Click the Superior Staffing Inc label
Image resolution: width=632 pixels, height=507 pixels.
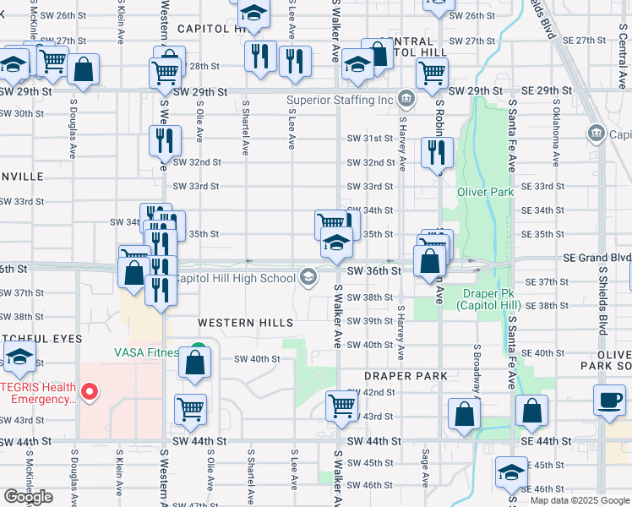pyautogui.click(x=341, y=100)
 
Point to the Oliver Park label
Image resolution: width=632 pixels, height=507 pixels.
pyautogui.click(x=486, y=192)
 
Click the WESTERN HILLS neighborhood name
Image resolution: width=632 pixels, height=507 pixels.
pyautogui.click(x=246, y=323)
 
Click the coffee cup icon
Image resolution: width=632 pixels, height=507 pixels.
pyautogui.click(x=608, y=401)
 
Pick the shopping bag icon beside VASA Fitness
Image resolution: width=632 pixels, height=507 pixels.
pyautogui.click(x=195, y=364)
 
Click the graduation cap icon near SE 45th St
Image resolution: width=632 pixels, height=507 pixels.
pyautogui.click(x=511, y=472)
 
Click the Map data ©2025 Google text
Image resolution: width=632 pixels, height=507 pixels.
pyautogui.click(x=579, y=500)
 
